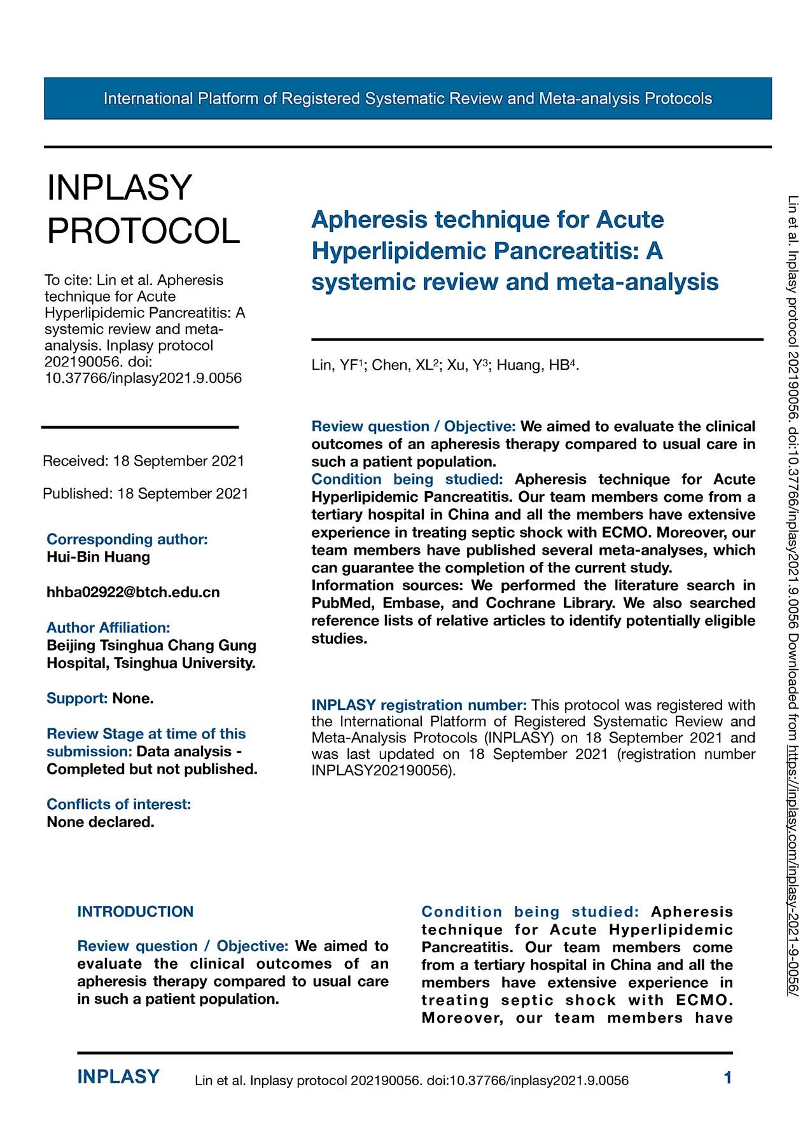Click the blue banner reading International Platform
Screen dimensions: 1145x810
pyautogui.click(x=407, y=99)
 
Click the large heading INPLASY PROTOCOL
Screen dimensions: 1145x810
pyautogui.click(x=143, y=209)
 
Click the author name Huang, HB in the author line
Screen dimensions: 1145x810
pyautogui.click(x=536, y=365)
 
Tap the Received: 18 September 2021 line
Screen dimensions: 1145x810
pyautogui.click(x=143, y=461)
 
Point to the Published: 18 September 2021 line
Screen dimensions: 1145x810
pyautogui.click(x=145, y=494)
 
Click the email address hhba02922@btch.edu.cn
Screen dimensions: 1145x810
pyautogui.click(x=133, y=592)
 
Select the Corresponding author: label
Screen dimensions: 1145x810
pyautogui.click(x=127, y=539)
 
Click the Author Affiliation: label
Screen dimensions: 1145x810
pyautogui.click(x=108, y=628)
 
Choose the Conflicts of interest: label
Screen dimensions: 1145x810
pyautogui.click(x=118, y=804)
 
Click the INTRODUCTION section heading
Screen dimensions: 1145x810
pyautogui.click(x=135, y=912)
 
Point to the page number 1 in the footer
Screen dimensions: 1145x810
pyautogui.click(x=728, y=1078)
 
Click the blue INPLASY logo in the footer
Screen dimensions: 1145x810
pyautogui.click(x=118, y=1077)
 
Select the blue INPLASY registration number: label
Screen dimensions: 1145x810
pyautogui.click(x=419, y=705)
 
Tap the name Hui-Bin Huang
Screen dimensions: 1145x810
pyautogui.click(x=98, y=557)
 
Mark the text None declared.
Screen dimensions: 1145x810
pyautogui.click(x=101, y=822)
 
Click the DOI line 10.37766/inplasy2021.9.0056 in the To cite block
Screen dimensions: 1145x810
pyautogui.click(x=143, y=378)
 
